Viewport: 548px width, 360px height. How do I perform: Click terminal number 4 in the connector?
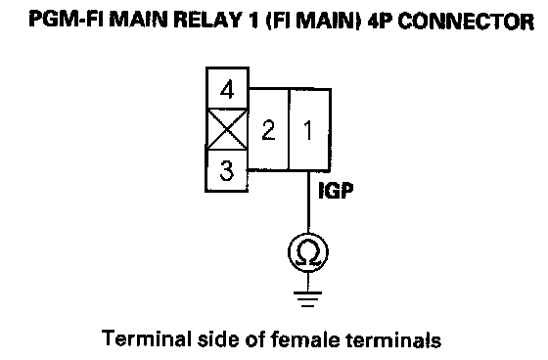(227, 88)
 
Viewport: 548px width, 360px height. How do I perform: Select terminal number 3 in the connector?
(226, 170)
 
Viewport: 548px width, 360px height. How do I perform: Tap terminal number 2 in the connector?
(268, 130)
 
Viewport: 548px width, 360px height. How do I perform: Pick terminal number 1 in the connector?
(309, 130)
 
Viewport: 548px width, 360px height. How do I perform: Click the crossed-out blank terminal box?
(227, 129)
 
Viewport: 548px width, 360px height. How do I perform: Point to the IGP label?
(336, 191)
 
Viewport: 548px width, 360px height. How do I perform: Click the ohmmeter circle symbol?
(308, 252)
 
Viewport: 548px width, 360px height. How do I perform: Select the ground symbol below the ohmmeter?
(308, 298)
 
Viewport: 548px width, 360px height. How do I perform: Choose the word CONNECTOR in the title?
(466, 21)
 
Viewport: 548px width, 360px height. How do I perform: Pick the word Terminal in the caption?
(147, 338)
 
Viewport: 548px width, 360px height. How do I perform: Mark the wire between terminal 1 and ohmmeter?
(308, 202)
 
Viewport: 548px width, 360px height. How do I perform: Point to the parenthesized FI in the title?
(280, 20)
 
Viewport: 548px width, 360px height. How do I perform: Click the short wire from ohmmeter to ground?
(308, 282)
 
